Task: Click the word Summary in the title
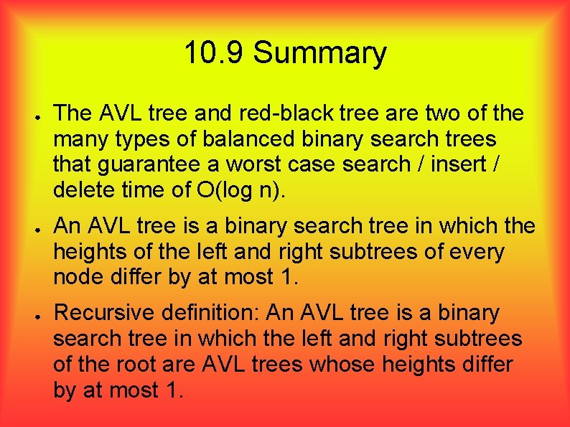click(x=319, y=54)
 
